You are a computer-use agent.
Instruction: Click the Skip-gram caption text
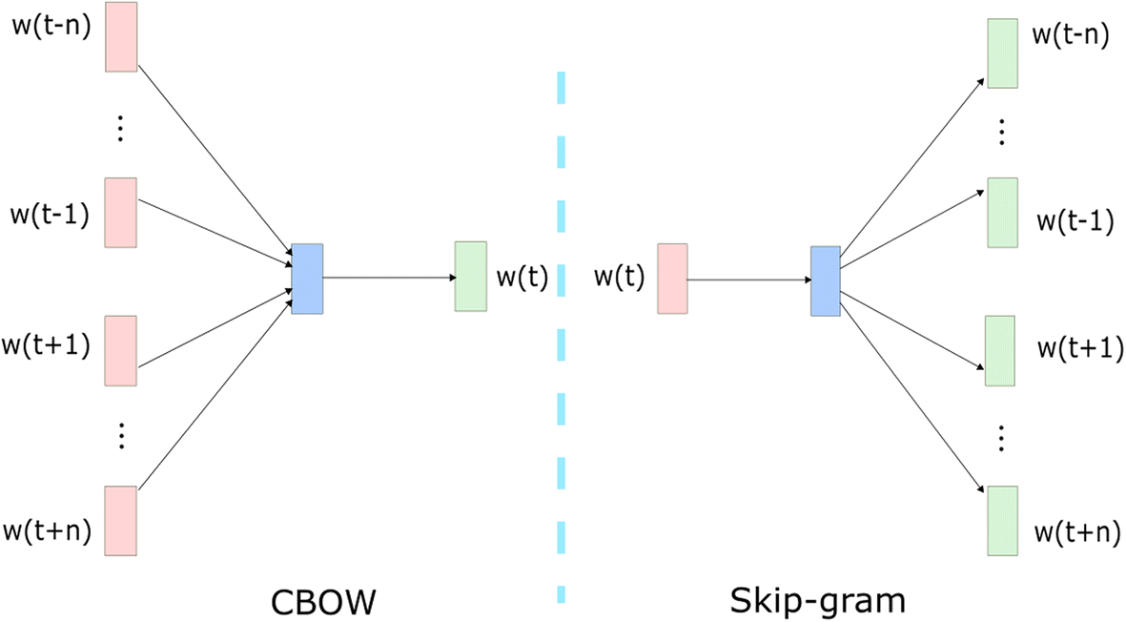pos(817,600)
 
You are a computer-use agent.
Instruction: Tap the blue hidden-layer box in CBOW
pos(308,279)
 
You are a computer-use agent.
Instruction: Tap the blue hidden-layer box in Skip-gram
pos(825,280)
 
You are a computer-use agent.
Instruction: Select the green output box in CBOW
pos(471,276)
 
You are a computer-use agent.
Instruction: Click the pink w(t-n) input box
pos(121,36)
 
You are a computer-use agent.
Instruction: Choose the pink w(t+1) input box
pos(121,351)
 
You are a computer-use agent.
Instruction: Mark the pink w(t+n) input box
pos(121,520)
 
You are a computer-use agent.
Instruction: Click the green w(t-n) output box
pos(1003,53)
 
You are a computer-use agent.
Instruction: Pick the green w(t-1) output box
pos(1001,212)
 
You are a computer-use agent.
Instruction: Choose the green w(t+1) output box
pos(999,351)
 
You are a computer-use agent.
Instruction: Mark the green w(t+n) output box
pos(1001,520)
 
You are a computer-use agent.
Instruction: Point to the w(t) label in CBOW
pos(522,278)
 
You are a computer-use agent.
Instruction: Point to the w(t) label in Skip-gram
pos(619,278)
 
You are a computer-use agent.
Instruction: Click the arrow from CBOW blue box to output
pos(389,278)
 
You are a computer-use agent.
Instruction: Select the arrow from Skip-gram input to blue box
pos(748,280)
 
